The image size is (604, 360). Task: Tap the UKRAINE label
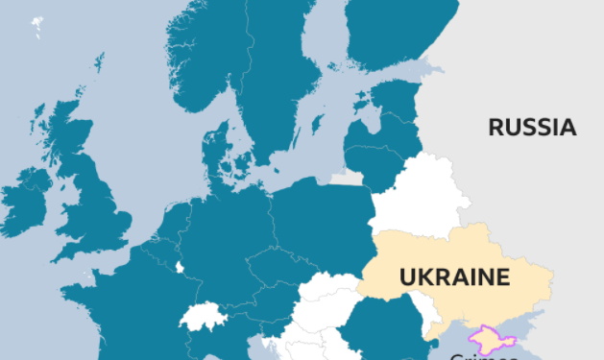pyautogui.click(x=453, y=277)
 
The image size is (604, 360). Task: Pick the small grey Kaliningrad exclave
pyautogui.click(x=347, y=179)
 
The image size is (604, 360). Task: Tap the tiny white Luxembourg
pyautogui.click(x=180, y=267)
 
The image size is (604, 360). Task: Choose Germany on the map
pyautogui.click(x=230, y=240)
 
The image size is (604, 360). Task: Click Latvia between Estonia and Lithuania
pyautogui.click(x=384, y=132)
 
